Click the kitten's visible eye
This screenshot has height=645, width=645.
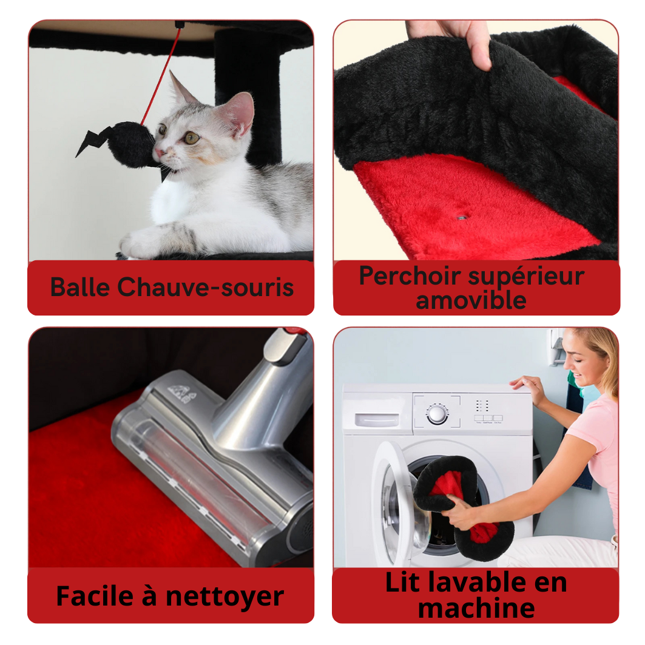coord(191,138)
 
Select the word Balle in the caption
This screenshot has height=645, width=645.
coord(80,287)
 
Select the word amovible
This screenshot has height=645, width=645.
coord(471,300)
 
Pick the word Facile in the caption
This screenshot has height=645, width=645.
coord(95,596)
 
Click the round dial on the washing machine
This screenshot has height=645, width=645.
coord(437,413)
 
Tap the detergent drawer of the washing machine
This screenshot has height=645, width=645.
coord(376,419)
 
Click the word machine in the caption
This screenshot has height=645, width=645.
coord(476,609)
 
